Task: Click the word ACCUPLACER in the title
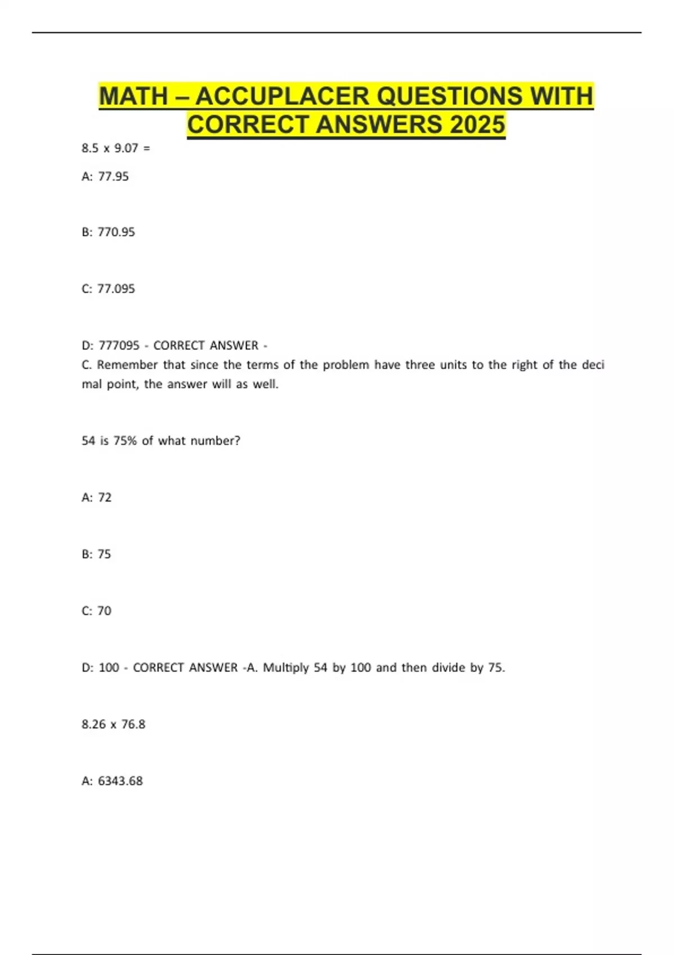coord(283,96)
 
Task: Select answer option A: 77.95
coord(105,176)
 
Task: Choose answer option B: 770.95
coord(108,232)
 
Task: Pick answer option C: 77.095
coord(108,289)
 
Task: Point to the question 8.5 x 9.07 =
coord(116,148)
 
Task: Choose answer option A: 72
coord(97,498)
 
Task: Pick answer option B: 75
coord(97,554)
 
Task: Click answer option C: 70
coord(97,611)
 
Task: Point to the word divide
coord(448,668)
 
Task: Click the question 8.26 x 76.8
coord(113,725)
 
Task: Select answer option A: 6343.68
coord(112,781)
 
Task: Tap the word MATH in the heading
coord(134,96)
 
